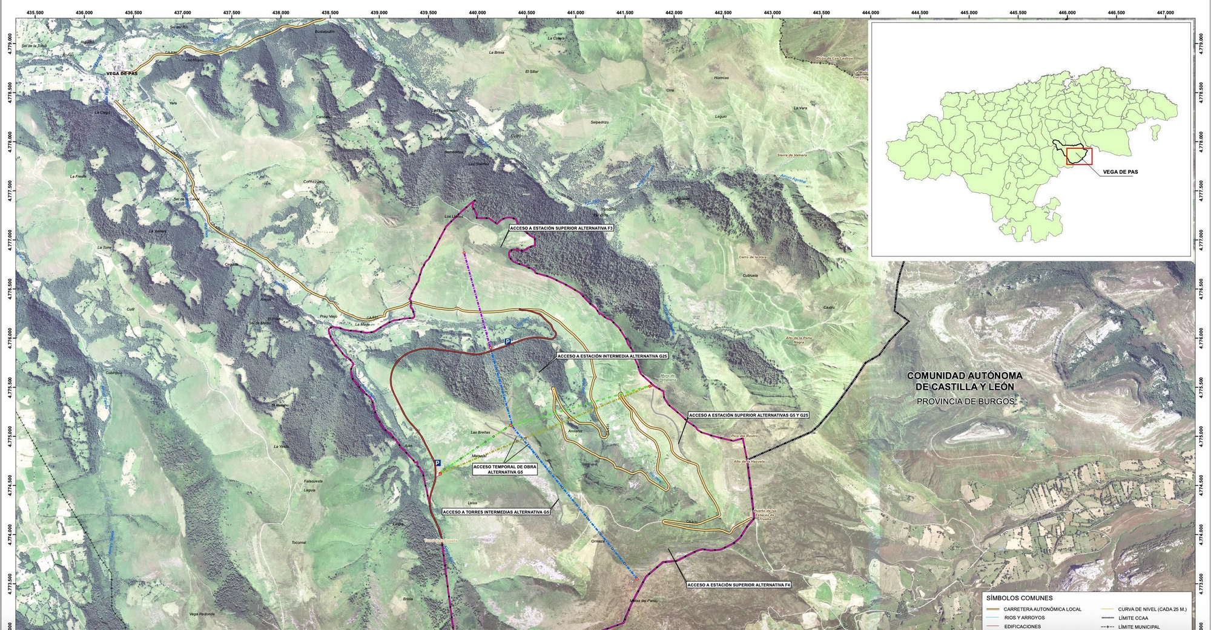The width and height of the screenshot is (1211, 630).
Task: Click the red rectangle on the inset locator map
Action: (1079, 156)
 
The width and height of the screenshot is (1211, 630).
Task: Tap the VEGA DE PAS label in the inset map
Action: (1120, 172)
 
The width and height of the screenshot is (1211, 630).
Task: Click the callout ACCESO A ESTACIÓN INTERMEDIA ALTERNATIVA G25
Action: (612, 356)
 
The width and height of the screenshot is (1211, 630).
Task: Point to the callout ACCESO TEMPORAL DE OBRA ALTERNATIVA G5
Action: (505, 469)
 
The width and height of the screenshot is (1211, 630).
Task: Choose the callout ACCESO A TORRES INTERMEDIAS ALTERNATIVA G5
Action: (496, 512)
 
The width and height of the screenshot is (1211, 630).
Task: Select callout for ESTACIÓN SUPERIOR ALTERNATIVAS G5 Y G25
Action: (748, 416)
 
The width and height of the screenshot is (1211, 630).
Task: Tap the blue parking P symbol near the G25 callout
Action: (507, 342)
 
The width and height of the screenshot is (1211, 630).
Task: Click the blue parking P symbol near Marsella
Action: (437, 462)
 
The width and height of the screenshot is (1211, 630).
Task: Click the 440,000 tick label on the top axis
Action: (477, 13)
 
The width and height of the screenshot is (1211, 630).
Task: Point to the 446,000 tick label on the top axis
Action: (1067, 13)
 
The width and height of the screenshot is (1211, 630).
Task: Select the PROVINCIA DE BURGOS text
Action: (965, 401)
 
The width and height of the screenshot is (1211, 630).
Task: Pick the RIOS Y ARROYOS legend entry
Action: (1024, 618)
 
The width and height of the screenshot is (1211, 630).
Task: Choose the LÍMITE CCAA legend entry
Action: (1133, 618)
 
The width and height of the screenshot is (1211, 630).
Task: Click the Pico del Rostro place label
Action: (744, 436)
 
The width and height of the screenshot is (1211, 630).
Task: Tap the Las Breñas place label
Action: (480, 432)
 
